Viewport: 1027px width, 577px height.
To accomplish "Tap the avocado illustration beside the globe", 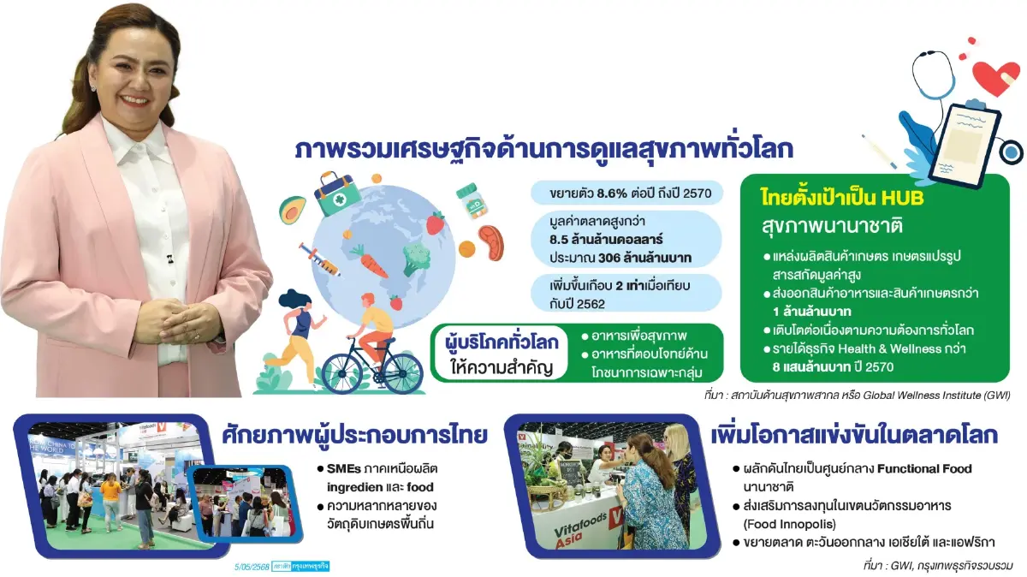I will (293, 209).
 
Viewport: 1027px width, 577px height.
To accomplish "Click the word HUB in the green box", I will (896, 197).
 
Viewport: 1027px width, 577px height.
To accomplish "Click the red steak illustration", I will (490, 242).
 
